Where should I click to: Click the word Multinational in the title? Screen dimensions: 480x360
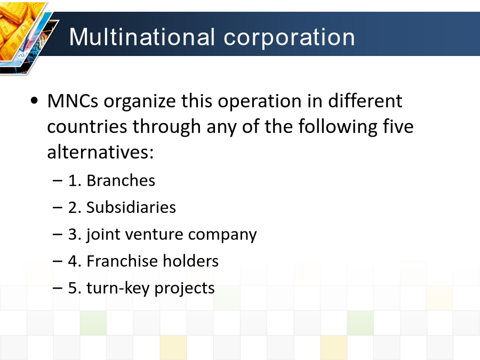(142, 37)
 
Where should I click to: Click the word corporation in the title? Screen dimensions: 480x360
(289, 37)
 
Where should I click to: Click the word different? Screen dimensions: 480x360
(365, 101)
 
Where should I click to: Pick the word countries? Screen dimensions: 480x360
(87, 126)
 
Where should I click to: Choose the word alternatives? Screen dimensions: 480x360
(100, 152)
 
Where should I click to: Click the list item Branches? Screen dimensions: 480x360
(121, 180)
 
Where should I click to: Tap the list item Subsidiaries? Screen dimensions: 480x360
(131, 207)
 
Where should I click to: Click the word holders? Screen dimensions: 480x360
(191, 261)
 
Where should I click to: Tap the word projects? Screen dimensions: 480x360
(185, 289)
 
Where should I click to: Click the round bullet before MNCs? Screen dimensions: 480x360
(35, 100)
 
